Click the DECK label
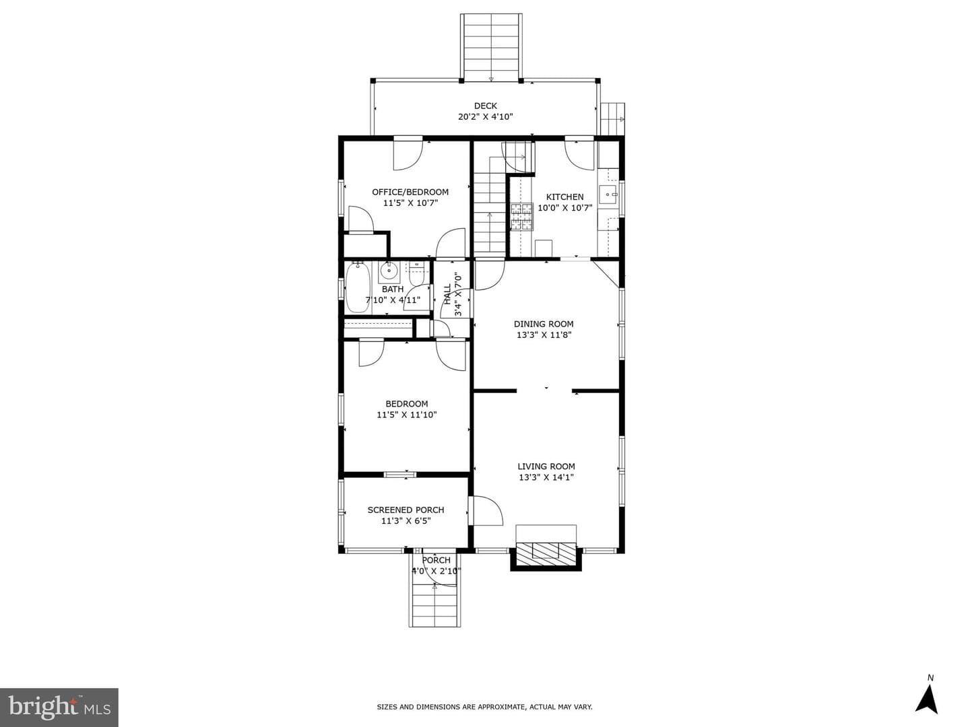click(485, 106)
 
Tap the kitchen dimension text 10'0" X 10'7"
click(564, 208)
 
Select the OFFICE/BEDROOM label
click(410, 192)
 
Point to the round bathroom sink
click(389, 272)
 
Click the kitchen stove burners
click(522, 217)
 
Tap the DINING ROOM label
click(544, 324)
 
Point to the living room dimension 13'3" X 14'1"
click(546, 477)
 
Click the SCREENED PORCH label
click(406, 510)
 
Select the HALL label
click(448, 294)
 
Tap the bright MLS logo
click(59, 707)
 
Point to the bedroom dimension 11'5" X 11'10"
click(407, 415)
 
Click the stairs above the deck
click(491, 47)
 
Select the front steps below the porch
click(436, 605)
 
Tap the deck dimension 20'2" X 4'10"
click(485, 117)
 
